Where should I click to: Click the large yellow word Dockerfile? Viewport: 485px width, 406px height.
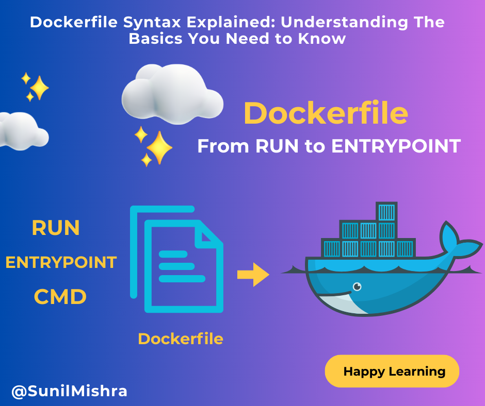(326, 113)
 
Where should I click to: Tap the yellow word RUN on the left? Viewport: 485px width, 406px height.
(56, 228)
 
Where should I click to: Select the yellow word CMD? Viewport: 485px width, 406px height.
(60, 297)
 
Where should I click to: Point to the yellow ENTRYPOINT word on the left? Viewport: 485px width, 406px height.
(61, 262)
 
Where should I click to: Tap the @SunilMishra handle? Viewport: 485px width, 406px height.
(69, 391)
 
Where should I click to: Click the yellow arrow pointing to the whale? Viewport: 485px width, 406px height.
(253, 275)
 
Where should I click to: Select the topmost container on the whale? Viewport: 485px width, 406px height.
(386, 212)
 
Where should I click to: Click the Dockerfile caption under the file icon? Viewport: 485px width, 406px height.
(181, 339)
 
